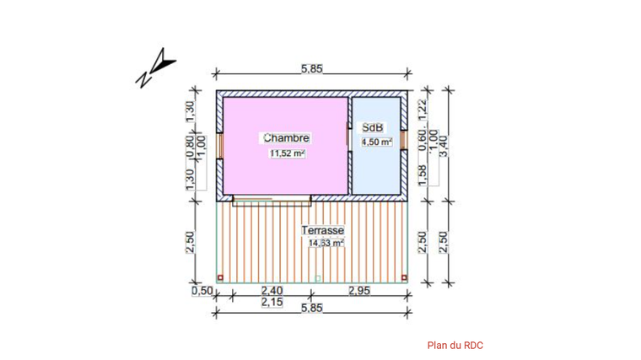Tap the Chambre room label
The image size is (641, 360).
pos(286,137)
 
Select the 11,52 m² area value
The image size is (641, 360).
pos(287,154)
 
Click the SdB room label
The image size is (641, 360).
pos(373,128)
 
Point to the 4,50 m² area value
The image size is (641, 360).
pos(376,142)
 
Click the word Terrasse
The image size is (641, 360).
pos(322,229)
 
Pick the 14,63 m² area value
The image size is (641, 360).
pos(326,244)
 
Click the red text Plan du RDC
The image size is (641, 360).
pos(455,345)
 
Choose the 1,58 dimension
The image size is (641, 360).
pos(423,173)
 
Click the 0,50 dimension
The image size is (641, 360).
pos(202,291)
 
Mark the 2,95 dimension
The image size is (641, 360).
pos(361,291)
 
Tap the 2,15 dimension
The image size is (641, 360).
pos(272,302)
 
